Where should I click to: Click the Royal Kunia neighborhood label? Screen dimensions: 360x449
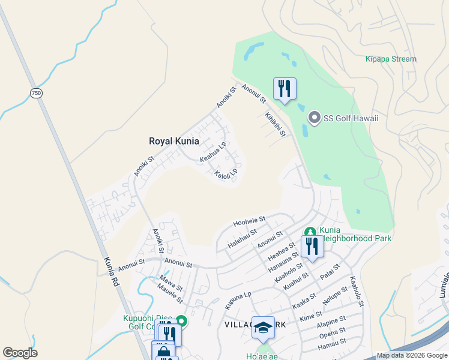click(x=173, y=142)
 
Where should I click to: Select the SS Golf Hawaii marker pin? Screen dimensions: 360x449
click(x=313, y=118)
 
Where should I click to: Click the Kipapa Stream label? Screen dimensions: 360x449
click(x=391, y=59)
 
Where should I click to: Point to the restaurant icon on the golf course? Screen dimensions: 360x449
click(x=285, y=89)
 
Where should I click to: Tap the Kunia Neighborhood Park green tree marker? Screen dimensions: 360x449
click(x=310, y=231)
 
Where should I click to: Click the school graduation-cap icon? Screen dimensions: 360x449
click(x=263, y=328)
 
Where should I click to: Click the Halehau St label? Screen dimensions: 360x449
click(x=243, y=239)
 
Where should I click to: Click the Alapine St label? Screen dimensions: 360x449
click(x=331, y=322)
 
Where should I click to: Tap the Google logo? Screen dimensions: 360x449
click(x=20, y=353)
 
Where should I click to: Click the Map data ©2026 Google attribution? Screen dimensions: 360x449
click(x=411, y=355)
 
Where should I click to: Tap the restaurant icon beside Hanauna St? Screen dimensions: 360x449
click(x=312, y=247)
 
